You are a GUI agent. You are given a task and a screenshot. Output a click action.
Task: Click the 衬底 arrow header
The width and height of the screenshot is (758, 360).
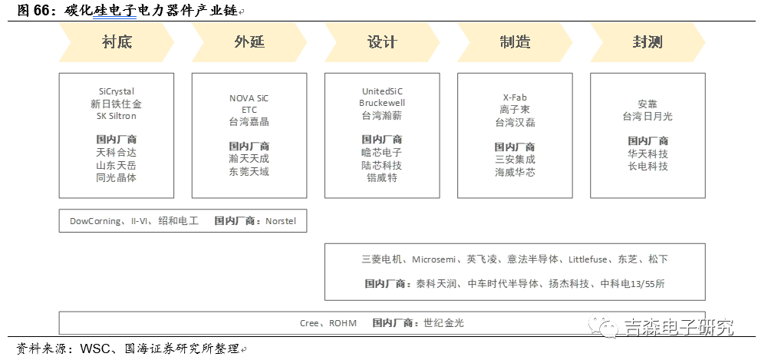point(117,42)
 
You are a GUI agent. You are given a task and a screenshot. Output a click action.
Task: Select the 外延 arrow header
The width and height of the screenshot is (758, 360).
point(249,42)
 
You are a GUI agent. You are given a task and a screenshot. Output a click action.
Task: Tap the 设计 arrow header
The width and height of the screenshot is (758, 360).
point(382,42)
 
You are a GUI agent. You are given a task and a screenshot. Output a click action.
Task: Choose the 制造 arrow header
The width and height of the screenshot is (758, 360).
point(516,42)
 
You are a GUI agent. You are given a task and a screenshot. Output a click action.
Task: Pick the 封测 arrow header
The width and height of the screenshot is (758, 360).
point(648,42)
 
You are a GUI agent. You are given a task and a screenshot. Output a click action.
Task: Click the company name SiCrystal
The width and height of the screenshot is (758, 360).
point(116,91)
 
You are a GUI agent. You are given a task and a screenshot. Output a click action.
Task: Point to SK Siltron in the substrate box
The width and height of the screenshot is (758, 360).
point(116,116)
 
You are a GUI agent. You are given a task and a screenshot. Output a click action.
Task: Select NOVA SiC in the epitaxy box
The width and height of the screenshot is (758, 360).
point(249,98)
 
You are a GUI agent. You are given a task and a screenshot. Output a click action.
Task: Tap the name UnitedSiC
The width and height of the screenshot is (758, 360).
point(382,91)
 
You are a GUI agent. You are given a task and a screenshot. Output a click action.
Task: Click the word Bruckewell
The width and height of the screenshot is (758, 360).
point(382,103)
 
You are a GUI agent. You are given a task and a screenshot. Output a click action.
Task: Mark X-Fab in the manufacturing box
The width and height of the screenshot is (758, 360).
point(515,97)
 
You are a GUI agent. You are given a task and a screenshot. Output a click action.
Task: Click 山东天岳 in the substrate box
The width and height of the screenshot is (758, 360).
point(116,166)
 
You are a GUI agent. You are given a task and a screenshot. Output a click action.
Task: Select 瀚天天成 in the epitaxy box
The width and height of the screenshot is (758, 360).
point(249,159)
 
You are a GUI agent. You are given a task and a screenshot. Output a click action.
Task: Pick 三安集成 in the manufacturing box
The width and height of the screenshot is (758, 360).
point(515,159)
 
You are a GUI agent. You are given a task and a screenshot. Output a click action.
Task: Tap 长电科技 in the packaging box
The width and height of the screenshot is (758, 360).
point(648,166)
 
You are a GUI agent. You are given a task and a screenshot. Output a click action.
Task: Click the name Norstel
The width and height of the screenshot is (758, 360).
point(280,221)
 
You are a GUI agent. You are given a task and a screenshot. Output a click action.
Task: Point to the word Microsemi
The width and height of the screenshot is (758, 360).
point(434,259)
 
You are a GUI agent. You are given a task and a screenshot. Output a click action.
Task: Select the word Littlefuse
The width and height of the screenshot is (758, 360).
point(588,259)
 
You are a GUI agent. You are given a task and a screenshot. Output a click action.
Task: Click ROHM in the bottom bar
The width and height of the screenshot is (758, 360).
point(343,322)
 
